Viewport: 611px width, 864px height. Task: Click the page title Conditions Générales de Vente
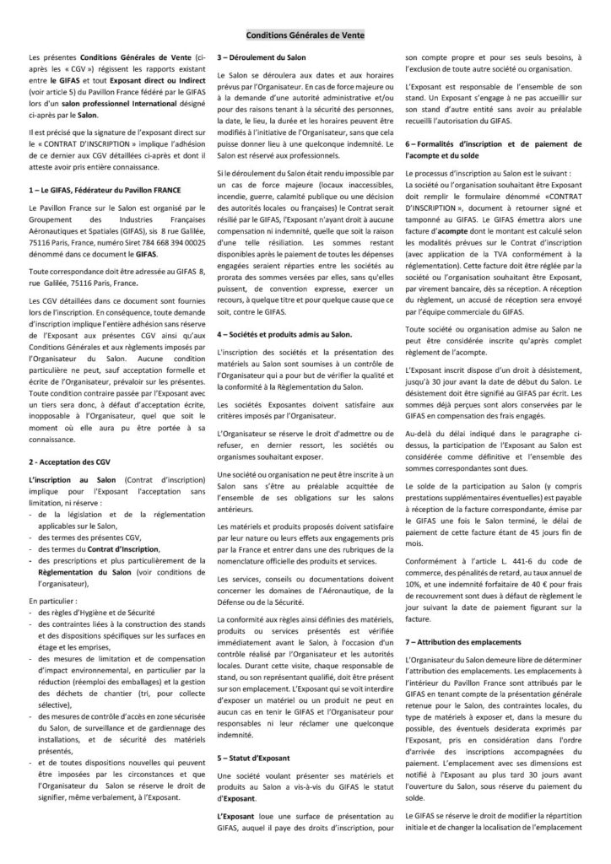click(305, 36)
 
